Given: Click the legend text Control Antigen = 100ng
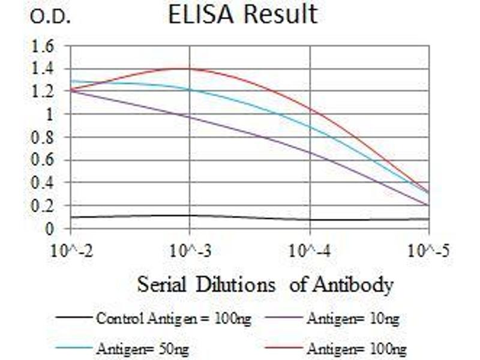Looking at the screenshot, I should [x=173, y=319].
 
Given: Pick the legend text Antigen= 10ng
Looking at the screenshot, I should [x=353, y=319].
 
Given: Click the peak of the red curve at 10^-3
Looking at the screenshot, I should [x=190, y=68].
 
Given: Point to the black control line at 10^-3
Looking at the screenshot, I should [x=190, y=215].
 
